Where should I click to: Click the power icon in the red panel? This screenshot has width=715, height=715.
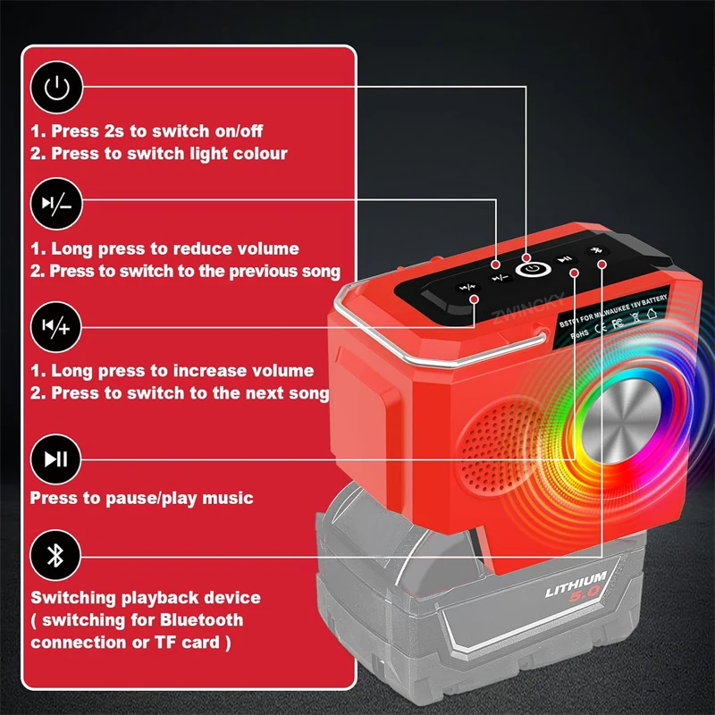(x=56, y=88)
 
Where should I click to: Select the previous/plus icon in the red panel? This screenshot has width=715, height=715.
(x=56, y=328)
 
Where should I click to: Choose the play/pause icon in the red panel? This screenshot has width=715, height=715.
(x=56, y=459)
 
